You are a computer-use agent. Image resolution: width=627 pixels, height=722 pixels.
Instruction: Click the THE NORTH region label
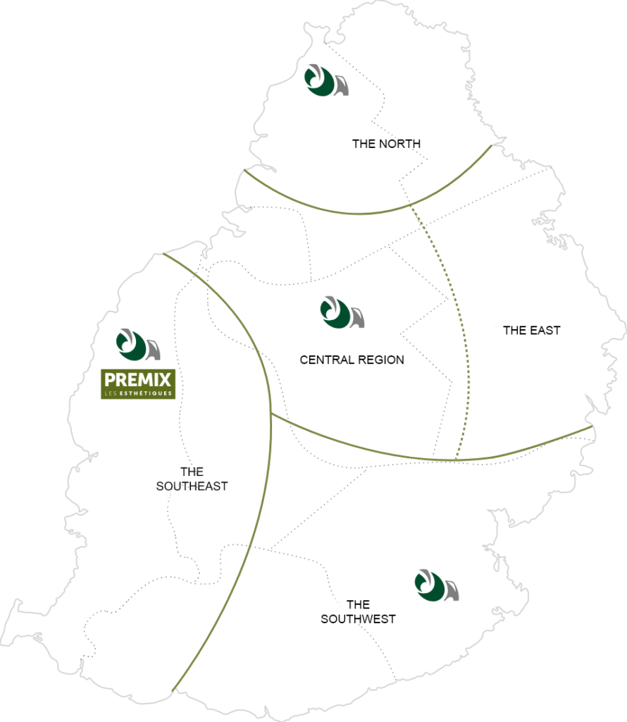coord(386,144)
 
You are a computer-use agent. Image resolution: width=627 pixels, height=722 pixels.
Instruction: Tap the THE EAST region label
coord(532,331)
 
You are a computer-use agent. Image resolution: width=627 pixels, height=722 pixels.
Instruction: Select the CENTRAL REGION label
coord(352,360)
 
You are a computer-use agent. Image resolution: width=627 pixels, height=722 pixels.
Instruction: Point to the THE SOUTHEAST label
coord(192,479)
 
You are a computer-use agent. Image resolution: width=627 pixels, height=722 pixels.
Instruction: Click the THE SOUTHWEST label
coord(358,611)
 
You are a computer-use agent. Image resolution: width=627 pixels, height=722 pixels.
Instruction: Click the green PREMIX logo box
coord(138,384)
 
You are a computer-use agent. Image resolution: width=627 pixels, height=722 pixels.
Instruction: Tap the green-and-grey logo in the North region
coord(326,80)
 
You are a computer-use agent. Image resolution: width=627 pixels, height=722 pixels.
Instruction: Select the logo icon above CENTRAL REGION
coord(342,312)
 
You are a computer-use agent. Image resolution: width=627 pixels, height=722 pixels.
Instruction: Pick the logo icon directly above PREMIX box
coord(138,344)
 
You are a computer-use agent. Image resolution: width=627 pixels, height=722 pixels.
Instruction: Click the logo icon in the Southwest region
coord(437,585)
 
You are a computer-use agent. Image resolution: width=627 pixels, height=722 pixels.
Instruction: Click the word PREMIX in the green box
coord(138,380)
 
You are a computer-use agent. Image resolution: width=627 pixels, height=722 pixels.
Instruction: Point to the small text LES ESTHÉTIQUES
coord(138,393)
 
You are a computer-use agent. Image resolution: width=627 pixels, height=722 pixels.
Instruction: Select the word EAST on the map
coord(545,331)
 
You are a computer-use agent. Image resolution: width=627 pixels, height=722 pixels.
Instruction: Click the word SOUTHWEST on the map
coord(358,619)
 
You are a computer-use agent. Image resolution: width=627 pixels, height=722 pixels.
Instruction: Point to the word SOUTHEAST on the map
coord(192,487)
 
